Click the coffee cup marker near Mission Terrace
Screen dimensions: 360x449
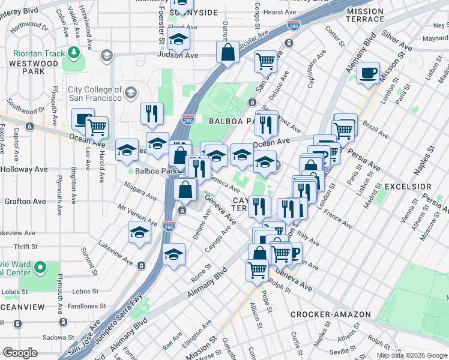368,73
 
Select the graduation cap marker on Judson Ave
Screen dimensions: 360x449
178,40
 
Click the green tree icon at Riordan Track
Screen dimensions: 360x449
74,53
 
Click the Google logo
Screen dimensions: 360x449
20,353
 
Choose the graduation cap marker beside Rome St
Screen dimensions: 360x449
173,254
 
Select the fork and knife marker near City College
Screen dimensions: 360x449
152,113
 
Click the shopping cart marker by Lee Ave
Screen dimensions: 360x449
97,127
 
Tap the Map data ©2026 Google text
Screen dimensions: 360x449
412,355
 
